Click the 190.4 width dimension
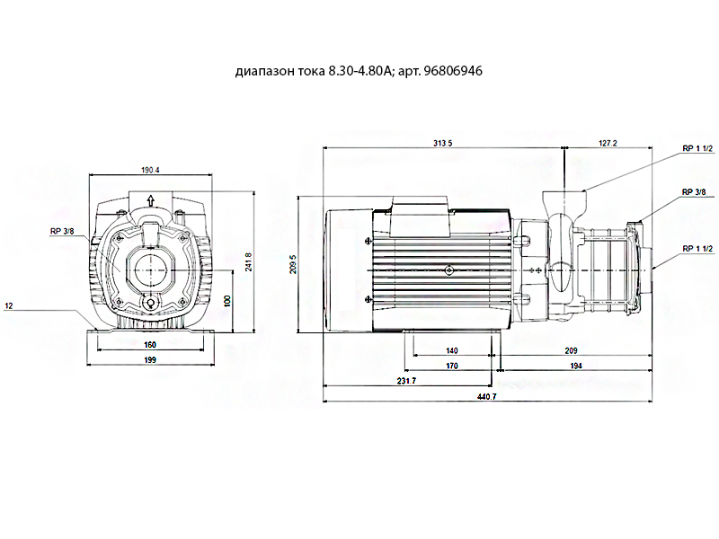click(150, 170)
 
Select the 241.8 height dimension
click(249, 261)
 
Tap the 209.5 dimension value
click(293, 264)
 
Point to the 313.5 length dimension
click(442, 144)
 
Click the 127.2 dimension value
click(608, 144)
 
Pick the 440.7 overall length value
click(486, 396)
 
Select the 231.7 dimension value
click(407, 381)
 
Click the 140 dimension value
click(452, 350)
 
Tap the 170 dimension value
click(452, 366)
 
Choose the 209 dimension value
click(571, 350)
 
